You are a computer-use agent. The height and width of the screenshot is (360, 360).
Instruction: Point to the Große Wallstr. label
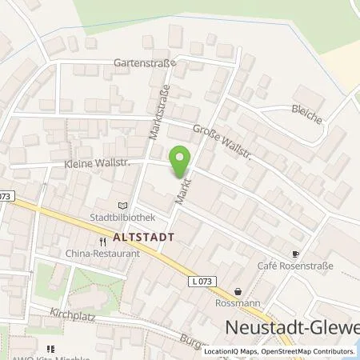(222, 142)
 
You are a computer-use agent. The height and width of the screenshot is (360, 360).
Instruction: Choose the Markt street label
(175, 193)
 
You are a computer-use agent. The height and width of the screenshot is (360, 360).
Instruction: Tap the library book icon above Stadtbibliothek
(122, 205)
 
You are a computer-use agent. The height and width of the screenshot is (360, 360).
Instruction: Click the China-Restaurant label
(102, 253)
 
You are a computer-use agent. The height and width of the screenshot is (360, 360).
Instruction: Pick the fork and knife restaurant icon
(102, 241)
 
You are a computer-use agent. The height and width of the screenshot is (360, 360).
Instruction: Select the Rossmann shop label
(238, 303)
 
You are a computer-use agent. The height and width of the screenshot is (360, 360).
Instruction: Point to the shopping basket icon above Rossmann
(238, 291)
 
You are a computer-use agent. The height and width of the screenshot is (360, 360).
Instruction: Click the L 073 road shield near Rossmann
(202, 282)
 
